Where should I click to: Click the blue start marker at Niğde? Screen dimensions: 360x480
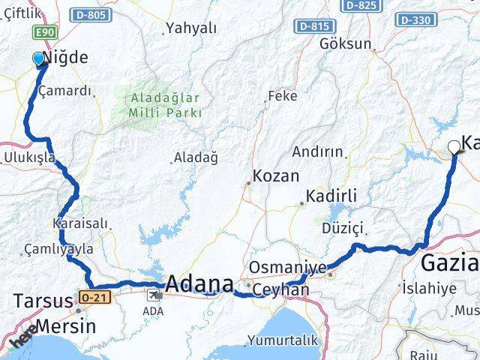tap(38, 58)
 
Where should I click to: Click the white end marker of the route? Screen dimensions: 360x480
tap(454, 147)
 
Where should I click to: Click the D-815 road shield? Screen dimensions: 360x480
tap(315, 26)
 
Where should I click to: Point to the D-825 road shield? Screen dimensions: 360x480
tap(360, 5)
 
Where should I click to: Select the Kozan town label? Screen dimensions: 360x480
tap(276, 176)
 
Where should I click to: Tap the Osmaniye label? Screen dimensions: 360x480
tap(287, 268)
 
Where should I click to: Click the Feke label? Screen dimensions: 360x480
tap(283, 96)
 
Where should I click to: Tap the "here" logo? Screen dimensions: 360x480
tap(25, 341)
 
